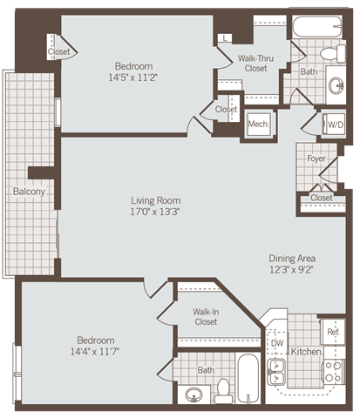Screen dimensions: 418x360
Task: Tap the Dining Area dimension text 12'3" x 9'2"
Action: (x=291, y=270)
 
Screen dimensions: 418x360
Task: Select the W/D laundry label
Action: (x=335, y=123)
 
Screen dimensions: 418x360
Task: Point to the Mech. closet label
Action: (x=258, y=123)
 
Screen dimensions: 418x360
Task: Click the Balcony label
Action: (x=29, y=191)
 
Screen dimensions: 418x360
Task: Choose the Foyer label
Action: (x=316, y=158)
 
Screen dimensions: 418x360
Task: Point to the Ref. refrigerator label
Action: (x=333, y=332)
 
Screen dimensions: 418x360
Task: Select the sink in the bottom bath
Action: (x=193, y=394)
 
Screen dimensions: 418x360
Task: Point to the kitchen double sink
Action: (x=278, y=373)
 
